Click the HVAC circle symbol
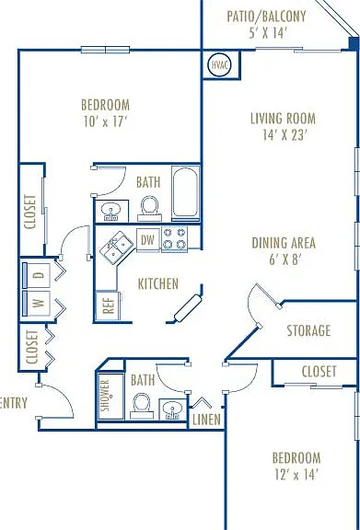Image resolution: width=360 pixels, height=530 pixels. [x=219, y=65]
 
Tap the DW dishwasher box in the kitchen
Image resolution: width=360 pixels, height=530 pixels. [x=148, y=240]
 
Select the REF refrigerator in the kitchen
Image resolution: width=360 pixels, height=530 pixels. [x=109, y=305]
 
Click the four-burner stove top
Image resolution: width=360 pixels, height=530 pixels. [x=175, y=239]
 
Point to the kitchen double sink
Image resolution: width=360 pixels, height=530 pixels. [x=116, y=248]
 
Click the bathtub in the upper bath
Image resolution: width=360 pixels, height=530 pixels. [x=185, y=193]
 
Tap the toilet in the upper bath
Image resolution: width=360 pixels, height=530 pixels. [x=149, y=208]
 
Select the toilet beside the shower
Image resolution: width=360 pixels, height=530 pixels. [x=142, y=406]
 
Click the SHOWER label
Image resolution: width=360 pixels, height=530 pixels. [x=106, y=395]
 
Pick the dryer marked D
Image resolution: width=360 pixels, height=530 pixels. [x=37, y=275]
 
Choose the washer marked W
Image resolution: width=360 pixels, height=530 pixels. [x=37, y=303]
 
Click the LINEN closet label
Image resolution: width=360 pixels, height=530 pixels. [x=206, y=420]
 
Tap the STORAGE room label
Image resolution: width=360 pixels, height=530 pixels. [x=308, y=330]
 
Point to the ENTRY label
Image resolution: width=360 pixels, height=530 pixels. [x=14, y=403]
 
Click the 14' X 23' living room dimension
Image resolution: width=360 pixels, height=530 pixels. [x=285, y=135]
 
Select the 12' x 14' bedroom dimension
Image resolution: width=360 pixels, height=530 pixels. [x=296, y=475]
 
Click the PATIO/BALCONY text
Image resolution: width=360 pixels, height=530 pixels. [x=266, y=17]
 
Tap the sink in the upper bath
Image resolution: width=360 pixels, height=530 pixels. [x=110, y=212]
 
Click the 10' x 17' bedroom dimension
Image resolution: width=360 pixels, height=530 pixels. [x=105, y=121]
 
